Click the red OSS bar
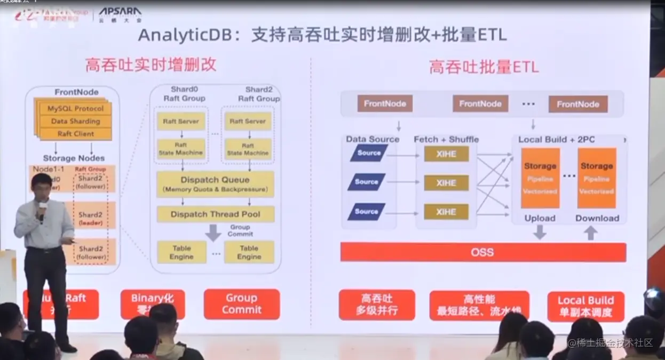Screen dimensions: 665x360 pos(483,252)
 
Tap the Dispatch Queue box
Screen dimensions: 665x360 pos(215,183)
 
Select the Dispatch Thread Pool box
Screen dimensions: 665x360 pos(216,214)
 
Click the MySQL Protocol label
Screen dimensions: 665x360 pos(75,109)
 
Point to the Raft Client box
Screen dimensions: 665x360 pos(75,134)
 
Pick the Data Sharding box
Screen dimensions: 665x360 pos(75,122)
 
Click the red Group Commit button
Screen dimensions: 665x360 pos(242,304)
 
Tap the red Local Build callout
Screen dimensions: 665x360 pos(585,306)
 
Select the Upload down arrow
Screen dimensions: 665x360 pos(540,232)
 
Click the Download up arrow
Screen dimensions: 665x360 pos(591,232)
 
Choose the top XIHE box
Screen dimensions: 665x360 pos(446,154)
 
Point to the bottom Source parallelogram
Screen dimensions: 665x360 pos(367,212)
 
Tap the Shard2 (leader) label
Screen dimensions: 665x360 pos(91,219)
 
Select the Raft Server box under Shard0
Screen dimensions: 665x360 pos(180,122)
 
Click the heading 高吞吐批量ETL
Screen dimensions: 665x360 pos(484,67)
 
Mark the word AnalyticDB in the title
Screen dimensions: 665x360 pos(186,35)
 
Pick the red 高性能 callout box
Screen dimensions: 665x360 pos(479,305)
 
